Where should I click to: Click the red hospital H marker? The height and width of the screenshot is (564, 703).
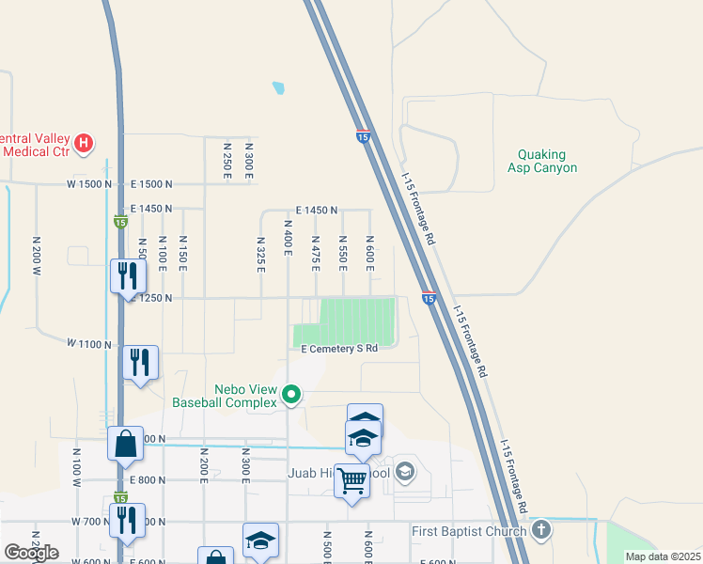[x=85, y=143]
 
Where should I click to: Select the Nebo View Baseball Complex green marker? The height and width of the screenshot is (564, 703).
[x=291, y=396]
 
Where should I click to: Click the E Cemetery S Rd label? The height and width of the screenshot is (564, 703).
[x=339, y=348]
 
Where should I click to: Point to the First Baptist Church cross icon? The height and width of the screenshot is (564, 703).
[x=540, y=531]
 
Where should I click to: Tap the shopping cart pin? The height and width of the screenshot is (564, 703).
[x=352, y=481]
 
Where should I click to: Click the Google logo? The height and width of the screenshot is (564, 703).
[x=31, y=552]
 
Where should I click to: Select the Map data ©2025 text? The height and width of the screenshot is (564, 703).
[x=663, y=556]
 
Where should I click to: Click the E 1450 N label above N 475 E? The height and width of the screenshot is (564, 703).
[x=316, y=211]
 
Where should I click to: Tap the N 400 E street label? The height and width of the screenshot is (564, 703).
[x=289, y=236]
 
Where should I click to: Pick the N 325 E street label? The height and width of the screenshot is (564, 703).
[x=260, y=254]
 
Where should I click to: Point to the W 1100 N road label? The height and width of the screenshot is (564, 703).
[x=89, y=345]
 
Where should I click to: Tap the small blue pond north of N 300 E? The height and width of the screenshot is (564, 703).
[x=278, y=89]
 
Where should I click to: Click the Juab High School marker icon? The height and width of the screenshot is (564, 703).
[x=405, y=471]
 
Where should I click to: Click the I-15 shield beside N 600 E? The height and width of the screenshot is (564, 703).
[x=428, y=298]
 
